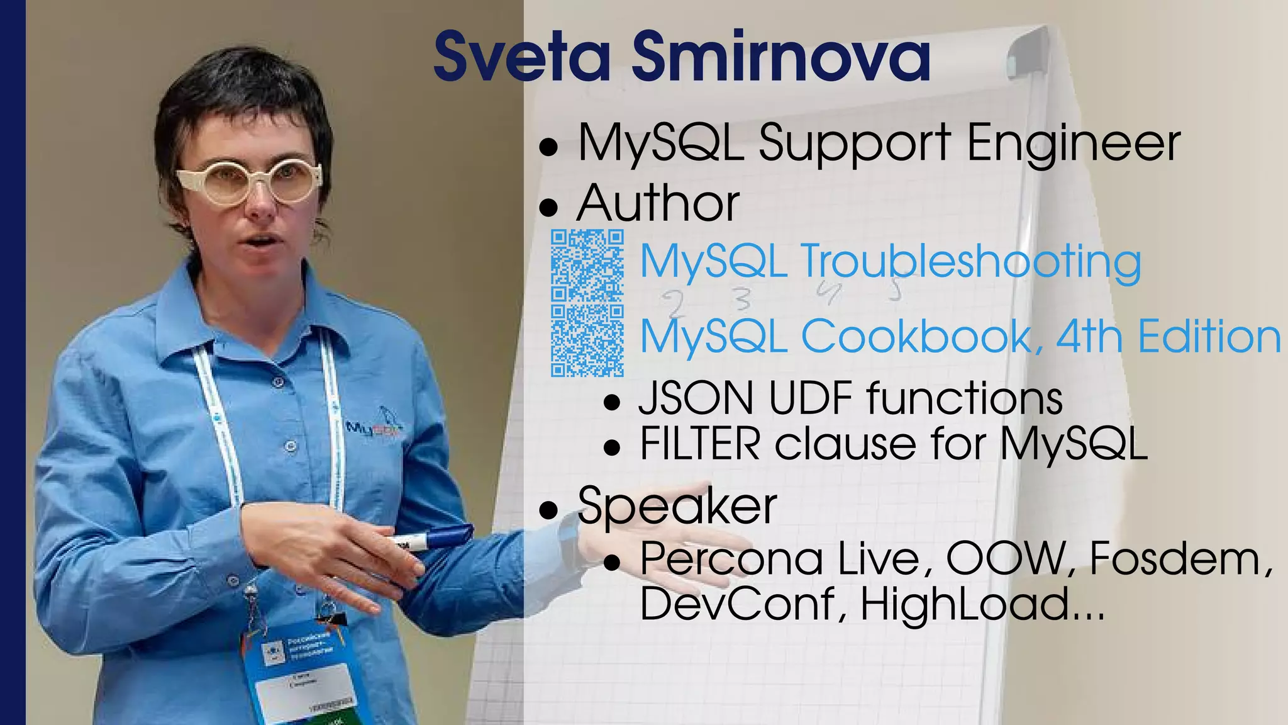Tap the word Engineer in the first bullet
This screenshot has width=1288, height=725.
[1073, 143]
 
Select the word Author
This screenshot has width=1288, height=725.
[658, 204]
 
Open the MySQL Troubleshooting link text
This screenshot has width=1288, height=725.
[890, 261]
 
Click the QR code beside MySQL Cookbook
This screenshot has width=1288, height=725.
[587, 340]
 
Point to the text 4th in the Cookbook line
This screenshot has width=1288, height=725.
[1089, 337]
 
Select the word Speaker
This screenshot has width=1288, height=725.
[677, 506]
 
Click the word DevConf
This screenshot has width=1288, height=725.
[737, 604]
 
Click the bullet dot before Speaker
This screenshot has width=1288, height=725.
[549, 509]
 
